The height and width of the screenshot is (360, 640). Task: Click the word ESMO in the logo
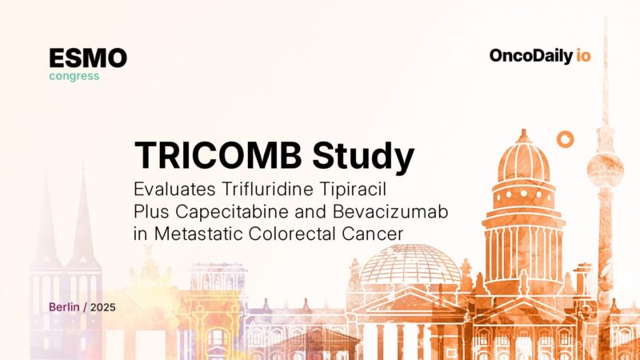(88, 58)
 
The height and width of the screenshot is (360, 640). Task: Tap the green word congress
(74, 77)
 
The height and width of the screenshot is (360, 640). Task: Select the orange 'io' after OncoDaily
(583, 56)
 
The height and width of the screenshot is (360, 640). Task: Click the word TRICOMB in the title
(214, 154)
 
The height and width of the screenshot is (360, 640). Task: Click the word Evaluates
(170, 191)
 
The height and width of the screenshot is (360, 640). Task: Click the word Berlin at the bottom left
(65, 307)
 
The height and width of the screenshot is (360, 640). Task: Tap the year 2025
(103, 307)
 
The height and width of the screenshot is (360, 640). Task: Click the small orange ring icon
(566, 140)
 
